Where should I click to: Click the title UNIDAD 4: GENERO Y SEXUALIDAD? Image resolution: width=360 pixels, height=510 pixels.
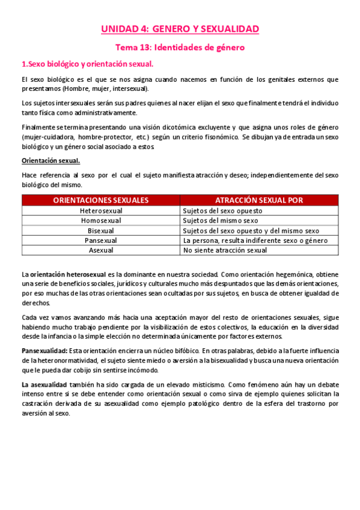click(180, 28)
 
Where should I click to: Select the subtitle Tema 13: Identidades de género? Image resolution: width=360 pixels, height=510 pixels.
click(180, 46)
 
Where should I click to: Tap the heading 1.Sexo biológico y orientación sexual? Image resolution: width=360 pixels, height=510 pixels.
click(88, 63)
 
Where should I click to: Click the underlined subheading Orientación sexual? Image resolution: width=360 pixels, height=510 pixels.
click(50, 161)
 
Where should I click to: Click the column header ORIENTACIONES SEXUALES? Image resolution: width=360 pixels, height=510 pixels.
click(101, 200)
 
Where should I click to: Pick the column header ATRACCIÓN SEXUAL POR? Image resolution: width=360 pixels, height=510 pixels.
click(259, 200)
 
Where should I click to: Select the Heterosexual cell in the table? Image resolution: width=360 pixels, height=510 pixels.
click(101, 211)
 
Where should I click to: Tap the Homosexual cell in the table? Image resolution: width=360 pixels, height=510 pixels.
click(101, 221)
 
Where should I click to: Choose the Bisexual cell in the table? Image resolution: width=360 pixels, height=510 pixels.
click(101, 230)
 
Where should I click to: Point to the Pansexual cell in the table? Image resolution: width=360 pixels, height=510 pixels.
click(101, 240)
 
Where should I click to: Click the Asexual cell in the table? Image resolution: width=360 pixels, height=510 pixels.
click(101, 250)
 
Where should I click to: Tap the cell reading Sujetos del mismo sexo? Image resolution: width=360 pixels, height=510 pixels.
click(221, 221)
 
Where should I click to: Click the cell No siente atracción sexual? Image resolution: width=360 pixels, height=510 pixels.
click(225, 250)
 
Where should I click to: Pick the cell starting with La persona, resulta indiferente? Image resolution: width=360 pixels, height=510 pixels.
click(255, 240)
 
